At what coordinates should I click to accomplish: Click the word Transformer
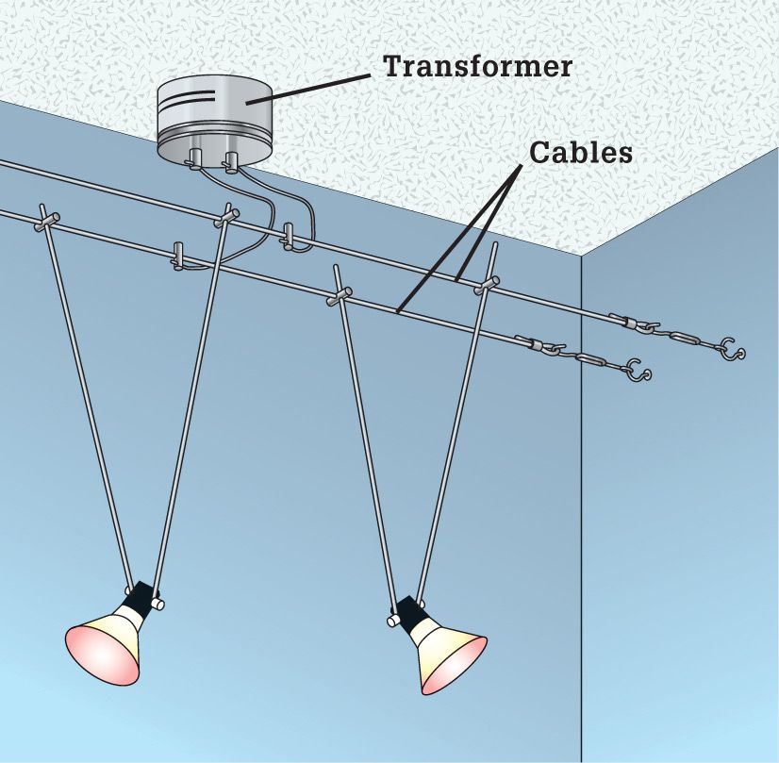(x=478, y=66)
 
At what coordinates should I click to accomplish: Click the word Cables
(x=581, y=152)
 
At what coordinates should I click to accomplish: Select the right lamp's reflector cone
(x=450, y=657)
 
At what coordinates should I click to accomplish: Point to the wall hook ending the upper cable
(x=732, y=348)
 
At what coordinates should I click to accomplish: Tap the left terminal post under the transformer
(x=194, y=158)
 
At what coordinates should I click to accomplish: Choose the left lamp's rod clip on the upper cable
(x=226, y=216)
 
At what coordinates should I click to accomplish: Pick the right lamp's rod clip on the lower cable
(x=340, y=294)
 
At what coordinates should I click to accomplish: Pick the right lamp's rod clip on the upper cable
(x=487, y=284)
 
